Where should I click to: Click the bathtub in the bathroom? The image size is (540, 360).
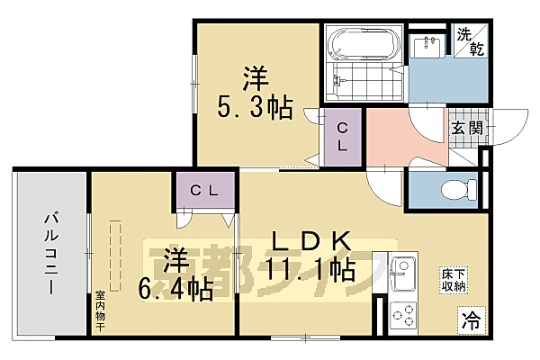[360, 43]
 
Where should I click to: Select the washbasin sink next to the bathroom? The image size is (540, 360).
[427, 47]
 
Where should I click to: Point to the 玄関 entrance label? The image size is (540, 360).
[466, 128]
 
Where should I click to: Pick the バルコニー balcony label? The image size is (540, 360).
[50, 252]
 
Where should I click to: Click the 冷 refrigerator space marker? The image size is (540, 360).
[469, 318]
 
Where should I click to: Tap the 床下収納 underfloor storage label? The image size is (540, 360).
[452, 280]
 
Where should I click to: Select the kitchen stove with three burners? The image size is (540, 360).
[404, 317]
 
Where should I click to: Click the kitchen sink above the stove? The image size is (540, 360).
[403, 272]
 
